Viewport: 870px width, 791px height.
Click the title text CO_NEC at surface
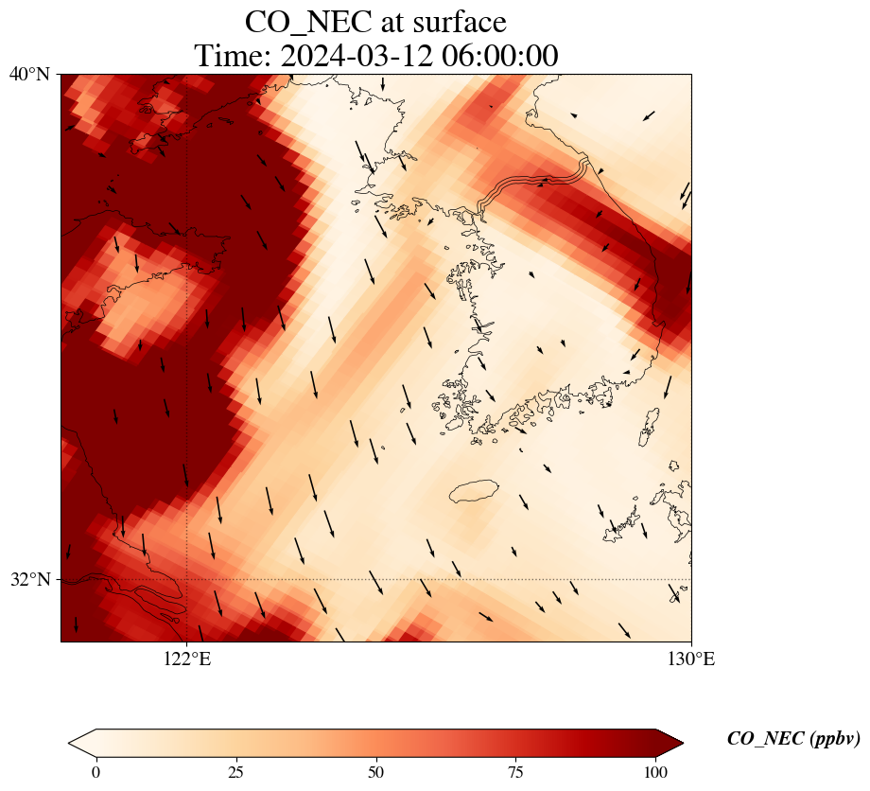pyautogui.click(x=375, y=21)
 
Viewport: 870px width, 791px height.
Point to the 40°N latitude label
pyautogui.click(x=30, y=74)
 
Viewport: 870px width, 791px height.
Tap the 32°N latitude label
pyautogui.click(x=30, y=579)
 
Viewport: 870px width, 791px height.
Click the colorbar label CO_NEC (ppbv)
pyautogui.click(x=792, y=739)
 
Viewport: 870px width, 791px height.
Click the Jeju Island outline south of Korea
pyautogui.click(x=474, y=491)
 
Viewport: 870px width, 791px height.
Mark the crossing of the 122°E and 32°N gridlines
pyautogui.click(x=186, y=579)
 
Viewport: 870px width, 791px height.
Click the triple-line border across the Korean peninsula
pyautogui.click(x=534, y=182)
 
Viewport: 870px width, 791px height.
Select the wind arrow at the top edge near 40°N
pyautogui.click(x=383, y=85)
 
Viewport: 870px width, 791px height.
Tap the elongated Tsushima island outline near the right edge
pyautogui.click(x=650, y=428)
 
